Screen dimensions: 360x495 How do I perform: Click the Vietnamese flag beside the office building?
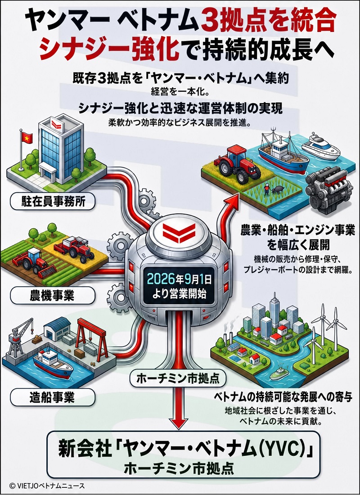(27, 138)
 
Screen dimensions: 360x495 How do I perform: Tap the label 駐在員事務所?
(53, 202)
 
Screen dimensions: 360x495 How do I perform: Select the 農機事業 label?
(53, 296)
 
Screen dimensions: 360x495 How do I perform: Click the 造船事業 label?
(53, 397)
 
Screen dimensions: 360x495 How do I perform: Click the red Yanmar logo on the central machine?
(179, 233)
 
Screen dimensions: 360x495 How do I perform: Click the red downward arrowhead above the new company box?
(179, 422)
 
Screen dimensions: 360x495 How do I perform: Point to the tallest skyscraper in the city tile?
(274, 310)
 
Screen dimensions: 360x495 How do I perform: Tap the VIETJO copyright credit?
(47, 486)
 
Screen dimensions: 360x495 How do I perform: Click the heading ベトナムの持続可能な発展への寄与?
(283, 397)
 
